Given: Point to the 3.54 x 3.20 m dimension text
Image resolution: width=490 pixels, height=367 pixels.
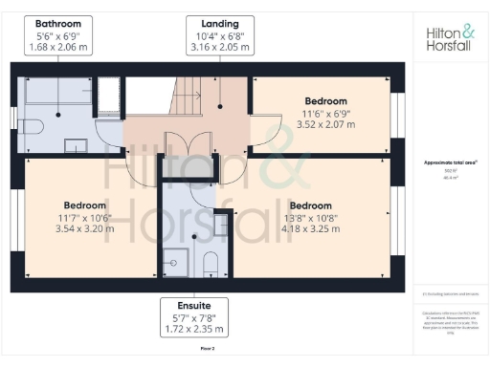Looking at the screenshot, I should [x=84, y=228].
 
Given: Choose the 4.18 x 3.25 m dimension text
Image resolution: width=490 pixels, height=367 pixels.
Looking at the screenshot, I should [x=310, y=228].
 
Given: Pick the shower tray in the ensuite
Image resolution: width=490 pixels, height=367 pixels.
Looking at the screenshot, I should [x=175, y=259].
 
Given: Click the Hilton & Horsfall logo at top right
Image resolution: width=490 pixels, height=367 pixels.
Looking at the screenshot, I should [x=448, y=38].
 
